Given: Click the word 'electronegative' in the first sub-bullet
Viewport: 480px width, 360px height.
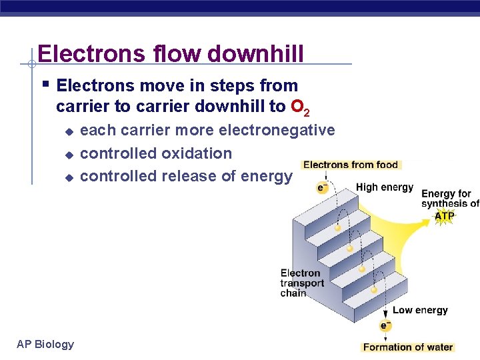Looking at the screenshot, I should (x=276, y=130).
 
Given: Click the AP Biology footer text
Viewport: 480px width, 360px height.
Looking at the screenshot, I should (x=45, y=344).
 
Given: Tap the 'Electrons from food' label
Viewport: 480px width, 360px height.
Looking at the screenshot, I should (x=350, y=165).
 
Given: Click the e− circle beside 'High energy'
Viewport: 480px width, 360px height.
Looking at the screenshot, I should (x=322, y=188).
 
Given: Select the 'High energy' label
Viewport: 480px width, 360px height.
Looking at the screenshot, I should (x=385, y=187).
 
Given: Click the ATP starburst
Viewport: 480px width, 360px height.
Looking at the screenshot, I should (x=445, y=216).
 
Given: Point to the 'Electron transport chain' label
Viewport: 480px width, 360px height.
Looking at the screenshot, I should (x=301, y=283).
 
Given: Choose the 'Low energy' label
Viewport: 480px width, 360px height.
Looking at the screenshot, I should (x=420, y=310).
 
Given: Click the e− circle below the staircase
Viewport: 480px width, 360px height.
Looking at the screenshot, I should (x=385, y=326).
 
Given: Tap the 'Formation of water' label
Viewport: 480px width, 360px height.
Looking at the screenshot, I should (x=407, y=347).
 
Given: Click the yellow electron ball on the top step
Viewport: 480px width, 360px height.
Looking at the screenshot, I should (x=338, y=229).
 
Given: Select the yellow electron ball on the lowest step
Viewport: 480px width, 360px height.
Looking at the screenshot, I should (x=375, y=290).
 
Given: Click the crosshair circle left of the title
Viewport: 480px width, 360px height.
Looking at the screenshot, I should (x=31, y=64).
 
